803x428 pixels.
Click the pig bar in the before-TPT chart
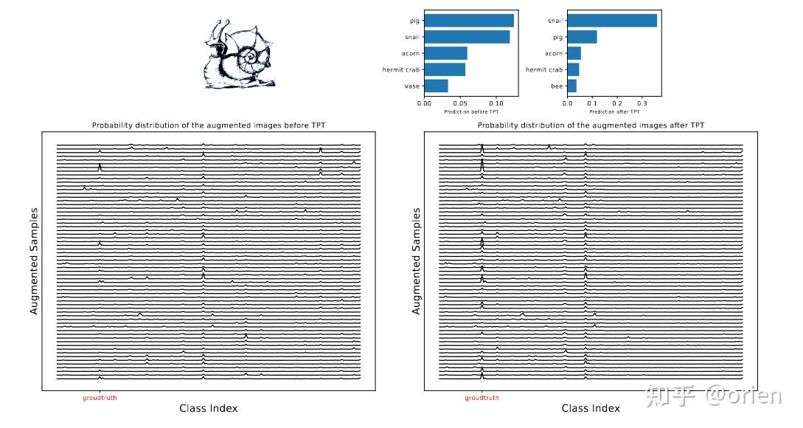pyautogui.click(x=469, y=21)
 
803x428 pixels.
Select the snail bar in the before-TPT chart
pyautogui.click(x=467, y=37)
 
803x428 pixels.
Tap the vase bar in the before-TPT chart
pyautogui.click(x=436, y=86)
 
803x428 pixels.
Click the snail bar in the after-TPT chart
pyautogui.click(x=612, y=21)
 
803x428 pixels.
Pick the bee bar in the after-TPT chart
pyautogui.click(x=572, y=86)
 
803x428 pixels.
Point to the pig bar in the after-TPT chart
pyautogui.click(x=582, y=37)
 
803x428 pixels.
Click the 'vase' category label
pyautogui.click(x=411, y=86)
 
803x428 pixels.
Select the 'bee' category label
pyautogui.click(x=557, y=86)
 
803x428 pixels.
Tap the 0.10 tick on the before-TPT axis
pyautogui.click(x=496, y=103)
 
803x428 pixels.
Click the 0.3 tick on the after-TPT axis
pyautogui.click(x=642, y=103)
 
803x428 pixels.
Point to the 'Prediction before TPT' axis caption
pyautogui.click(x=471, y=111)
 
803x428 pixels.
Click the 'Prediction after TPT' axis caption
pyautogui.click(x=614, y=111)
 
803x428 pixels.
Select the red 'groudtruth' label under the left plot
pyautogui.click(x=100, y=398)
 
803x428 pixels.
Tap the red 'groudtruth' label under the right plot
pyautogui.click(x=482, y=398)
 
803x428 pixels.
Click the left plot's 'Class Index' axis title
pyautogui.click(x=209, y=408)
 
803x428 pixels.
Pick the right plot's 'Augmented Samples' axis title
pyautogui.click(x=417, y=261)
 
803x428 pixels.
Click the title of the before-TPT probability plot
pyautogui.click(x=209, y=125)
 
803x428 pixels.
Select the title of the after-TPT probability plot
pyautogui.click(x=591, y=125)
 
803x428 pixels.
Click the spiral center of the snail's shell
pyautogui.click(x=249, y=56)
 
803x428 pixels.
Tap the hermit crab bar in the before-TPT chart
pyautogui.click(x=445, y=69)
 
